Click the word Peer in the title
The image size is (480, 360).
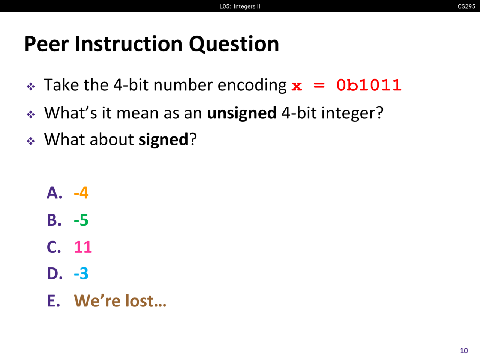point(46,44)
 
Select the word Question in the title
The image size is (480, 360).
point(234,44)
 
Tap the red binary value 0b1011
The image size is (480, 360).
point(369,85)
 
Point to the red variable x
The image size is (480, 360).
point(297,86)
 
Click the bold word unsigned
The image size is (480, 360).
point(242,113)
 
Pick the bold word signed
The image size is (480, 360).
point(163,139)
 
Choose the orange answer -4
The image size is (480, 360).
point(81,193)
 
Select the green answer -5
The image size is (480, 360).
point(81,220)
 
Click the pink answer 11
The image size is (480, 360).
point(83,247)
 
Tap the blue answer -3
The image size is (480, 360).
point(81,273)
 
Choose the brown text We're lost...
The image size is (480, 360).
point(120,300)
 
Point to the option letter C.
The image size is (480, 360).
point(54,247)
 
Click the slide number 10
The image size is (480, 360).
point(464,351)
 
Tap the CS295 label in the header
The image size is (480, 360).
point(466,6)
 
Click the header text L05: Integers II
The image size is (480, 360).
point(240,6)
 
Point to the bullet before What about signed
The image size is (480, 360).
point(31,141)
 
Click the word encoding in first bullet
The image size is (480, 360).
point(252,85)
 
